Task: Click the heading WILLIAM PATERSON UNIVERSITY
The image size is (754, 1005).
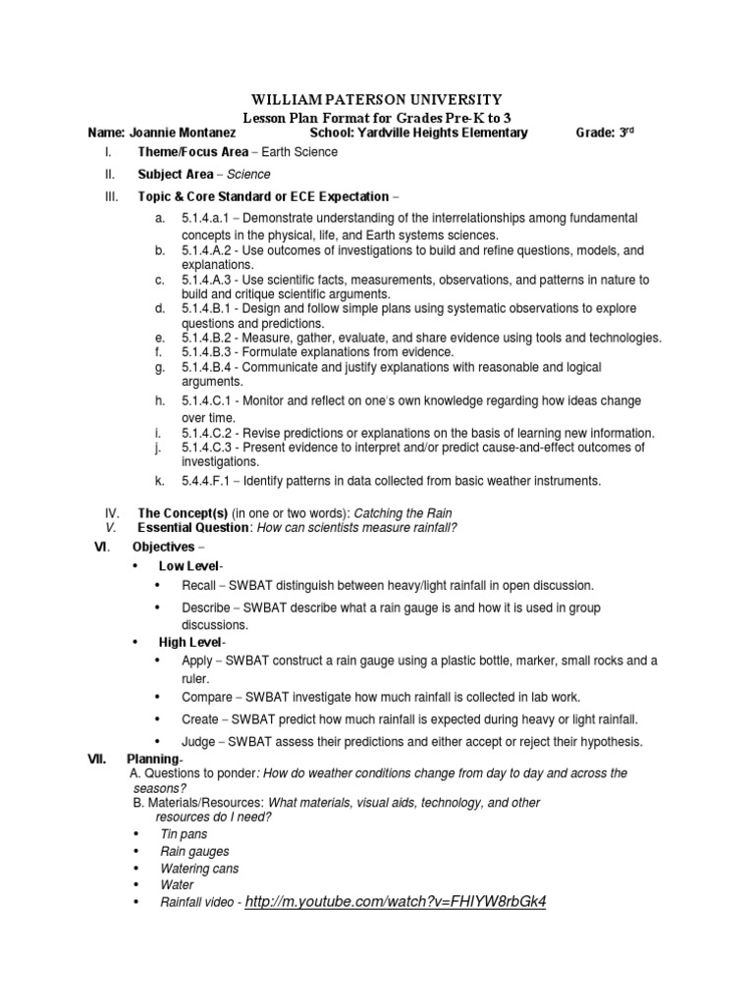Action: click(377, 99)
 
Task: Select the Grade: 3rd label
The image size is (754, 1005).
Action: click(604, 132)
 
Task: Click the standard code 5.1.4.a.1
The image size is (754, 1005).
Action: click(208, 217)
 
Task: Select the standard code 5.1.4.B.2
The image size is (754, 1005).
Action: click(210, 338)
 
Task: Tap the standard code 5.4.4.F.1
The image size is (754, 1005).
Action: click(208, 480)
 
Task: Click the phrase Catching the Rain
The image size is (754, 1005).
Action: click(389, 512)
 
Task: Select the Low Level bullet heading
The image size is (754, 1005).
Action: click(190, 566)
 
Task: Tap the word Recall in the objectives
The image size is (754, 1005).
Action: click(199, 585)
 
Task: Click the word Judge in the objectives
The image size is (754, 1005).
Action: click(198, 741)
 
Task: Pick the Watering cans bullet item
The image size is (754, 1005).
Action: click(199, 868)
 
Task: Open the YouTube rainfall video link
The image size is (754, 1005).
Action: click(394, 901)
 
